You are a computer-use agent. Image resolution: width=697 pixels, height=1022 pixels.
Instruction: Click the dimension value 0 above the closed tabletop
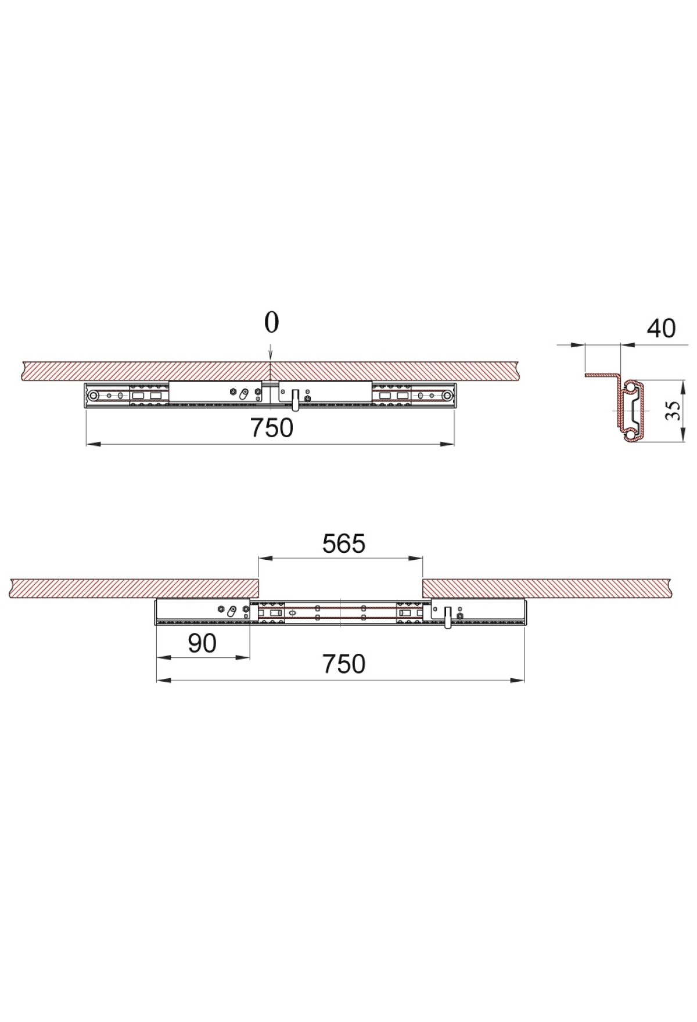pyautogui.click(x=271, y=323)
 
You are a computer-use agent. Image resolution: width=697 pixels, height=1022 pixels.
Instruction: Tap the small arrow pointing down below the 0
pyautogui.click(x=271, y=353)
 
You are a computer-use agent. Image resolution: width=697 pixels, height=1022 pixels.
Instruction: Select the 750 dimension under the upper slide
pyautogui.click(x=272, y=428)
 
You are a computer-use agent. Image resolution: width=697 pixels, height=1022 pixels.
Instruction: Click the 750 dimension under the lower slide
pyautogui.click(x=344, y=664)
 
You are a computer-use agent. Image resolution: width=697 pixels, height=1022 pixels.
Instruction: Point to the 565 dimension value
pyautogui.click(x=344, y=544)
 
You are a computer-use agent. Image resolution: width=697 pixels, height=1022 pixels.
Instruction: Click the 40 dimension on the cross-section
pyautogui.click(x=662, y=329)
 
